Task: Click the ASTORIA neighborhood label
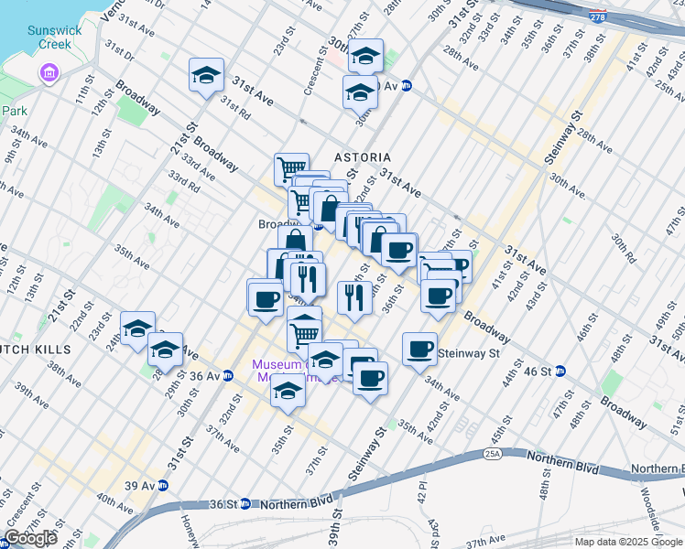[x=363, y=157]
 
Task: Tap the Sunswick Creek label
[x=55, y=37]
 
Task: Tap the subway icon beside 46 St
[x=560, y=371]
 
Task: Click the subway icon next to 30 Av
[x=407, y=86]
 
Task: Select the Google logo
[x=30, y=538]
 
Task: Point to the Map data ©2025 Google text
[x=627, y=542]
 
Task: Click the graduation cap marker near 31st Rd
[x=207, y=74]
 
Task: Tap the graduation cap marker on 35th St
[x=288, y=393]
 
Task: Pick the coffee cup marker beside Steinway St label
[x=420, y=349]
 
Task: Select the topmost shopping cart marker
[x=291, y=168]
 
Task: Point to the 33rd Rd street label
[x=184, y=181]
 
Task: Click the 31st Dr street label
[x=120, y=46]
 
